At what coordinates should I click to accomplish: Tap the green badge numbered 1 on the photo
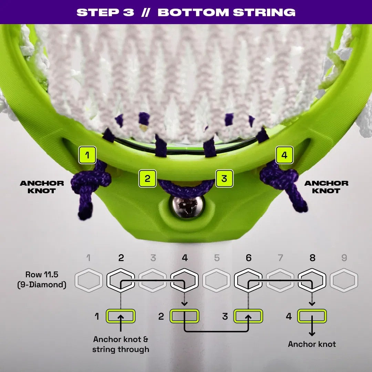[87, 155]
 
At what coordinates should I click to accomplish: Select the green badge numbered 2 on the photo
[147, 178]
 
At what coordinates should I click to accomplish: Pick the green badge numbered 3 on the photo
[224, 178]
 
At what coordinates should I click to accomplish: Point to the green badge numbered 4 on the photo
[285, 155]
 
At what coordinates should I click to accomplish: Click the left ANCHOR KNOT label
[42, 187]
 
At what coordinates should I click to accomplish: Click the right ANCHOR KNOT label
[326, 187]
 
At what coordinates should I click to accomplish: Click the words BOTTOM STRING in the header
[226, 12]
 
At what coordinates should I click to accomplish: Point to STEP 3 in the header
[105, 12]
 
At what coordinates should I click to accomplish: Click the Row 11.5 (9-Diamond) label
[42, 279]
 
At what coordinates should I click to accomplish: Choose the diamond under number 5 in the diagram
[216, 280]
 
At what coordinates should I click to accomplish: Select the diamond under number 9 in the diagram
[344, 280]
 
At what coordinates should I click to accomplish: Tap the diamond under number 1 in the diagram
[89, 280]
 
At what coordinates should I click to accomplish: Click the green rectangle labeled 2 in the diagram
[184, 316]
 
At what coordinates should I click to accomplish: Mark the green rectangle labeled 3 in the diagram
[248, 316]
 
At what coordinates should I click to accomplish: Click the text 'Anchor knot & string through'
[121, 344]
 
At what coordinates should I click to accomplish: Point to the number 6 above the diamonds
[248, 258]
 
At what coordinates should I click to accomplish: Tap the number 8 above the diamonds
[312, 258]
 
